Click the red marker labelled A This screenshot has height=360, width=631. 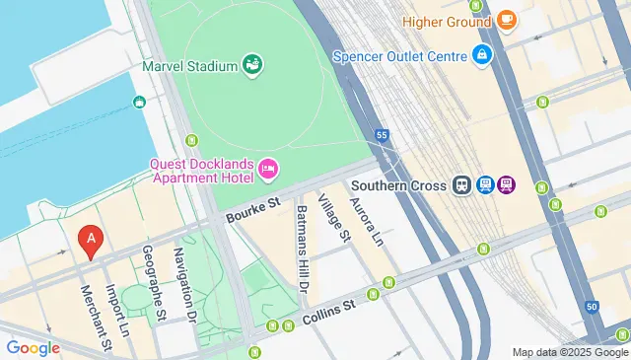click(x=91, y=240)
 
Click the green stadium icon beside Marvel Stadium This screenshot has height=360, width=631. click(x=253, y=65)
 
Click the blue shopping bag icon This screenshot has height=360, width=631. click(x=482, y=53)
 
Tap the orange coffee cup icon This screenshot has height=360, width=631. click(x=506, y=19)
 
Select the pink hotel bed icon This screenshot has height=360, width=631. click(x=268, y=172)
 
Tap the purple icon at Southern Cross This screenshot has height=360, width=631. click(x=507, y=183)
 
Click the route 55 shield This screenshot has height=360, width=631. click(x=382, y=133)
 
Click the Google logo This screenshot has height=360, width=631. click(x=33, y=347)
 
